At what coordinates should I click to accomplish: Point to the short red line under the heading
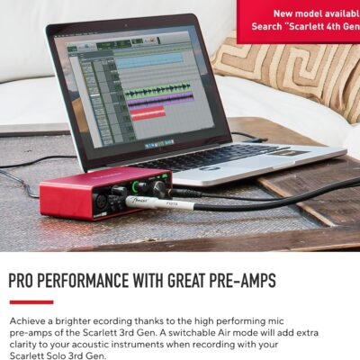tap(31, 301)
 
